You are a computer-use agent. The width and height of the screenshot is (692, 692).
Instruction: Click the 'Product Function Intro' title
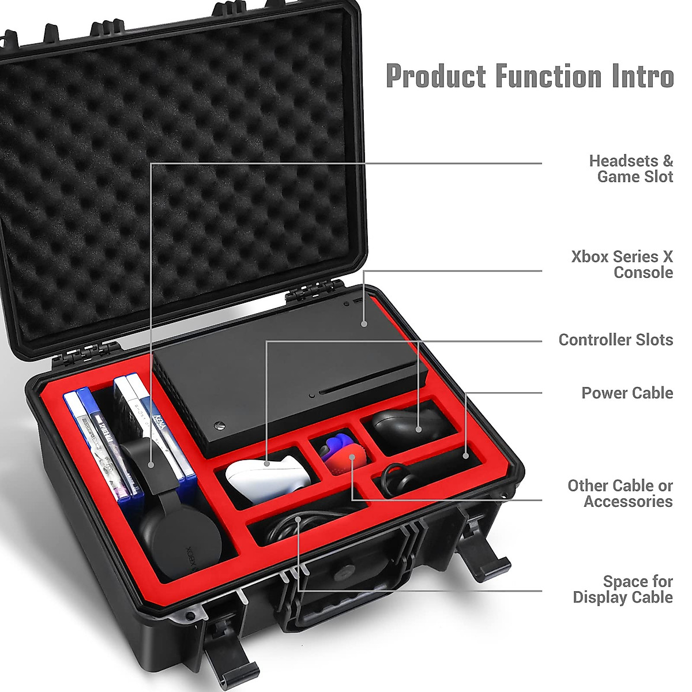point(529,76)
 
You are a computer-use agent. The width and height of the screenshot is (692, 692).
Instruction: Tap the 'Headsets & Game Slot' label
point(631,168)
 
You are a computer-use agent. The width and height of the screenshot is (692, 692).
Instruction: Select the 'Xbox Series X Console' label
point(622,264)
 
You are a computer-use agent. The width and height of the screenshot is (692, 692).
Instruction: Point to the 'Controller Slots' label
point(615,340)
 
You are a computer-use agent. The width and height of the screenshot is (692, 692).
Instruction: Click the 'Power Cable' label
point(627,393)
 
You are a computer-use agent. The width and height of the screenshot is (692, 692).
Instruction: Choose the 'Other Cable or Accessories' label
point(620,493)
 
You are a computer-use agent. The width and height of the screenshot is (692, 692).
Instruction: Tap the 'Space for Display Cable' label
point(623,589)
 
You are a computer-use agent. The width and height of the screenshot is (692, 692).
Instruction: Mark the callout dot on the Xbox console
point(364,325)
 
